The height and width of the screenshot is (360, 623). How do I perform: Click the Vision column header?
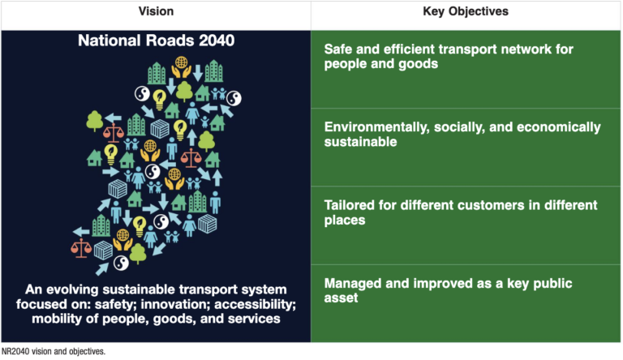(x=155, y=15)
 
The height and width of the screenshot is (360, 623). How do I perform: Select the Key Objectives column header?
(x=466, y=15)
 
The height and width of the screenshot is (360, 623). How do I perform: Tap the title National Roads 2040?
(x=155, y=40)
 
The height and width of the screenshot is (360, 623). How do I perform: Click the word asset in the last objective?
(x=342, y=299)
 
